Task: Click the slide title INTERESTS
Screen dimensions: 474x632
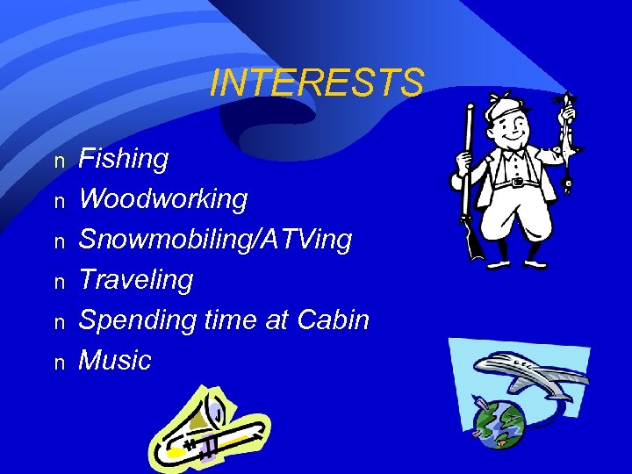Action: (x=316, y=83)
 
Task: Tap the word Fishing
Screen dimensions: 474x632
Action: (x=124, y=160)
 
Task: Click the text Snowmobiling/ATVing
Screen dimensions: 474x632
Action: (x=215, y=240)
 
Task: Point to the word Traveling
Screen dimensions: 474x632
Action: (x=136, y=280)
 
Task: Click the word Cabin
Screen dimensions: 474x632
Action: (x=334, y=320)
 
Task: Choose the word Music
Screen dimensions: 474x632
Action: (x=115, y=360)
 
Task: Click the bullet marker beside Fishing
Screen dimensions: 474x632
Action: (x=59, y=162)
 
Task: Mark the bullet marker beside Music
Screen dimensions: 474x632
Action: (x=59, y=362)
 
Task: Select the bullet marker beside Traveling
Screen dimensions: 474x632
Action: (x=59, y=282)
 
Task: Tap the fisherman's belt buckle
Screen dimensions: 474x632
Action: (x=518, y=182)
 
